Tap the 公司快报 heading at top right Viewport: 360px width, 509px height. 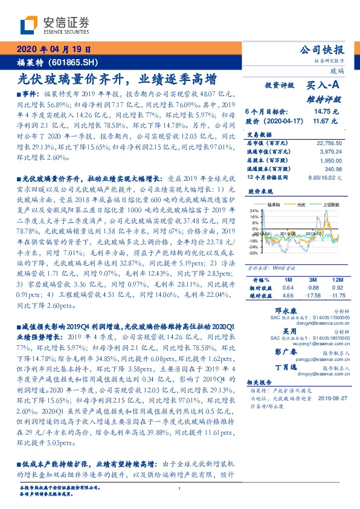322,50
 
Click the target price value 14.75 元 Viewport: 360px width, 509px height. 327,112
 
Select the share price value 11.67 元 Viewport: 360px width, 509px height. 327,121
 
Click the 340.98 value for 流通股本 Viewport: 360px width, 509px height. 333,169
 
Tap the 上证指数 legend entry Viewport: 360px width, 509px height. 330,205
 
